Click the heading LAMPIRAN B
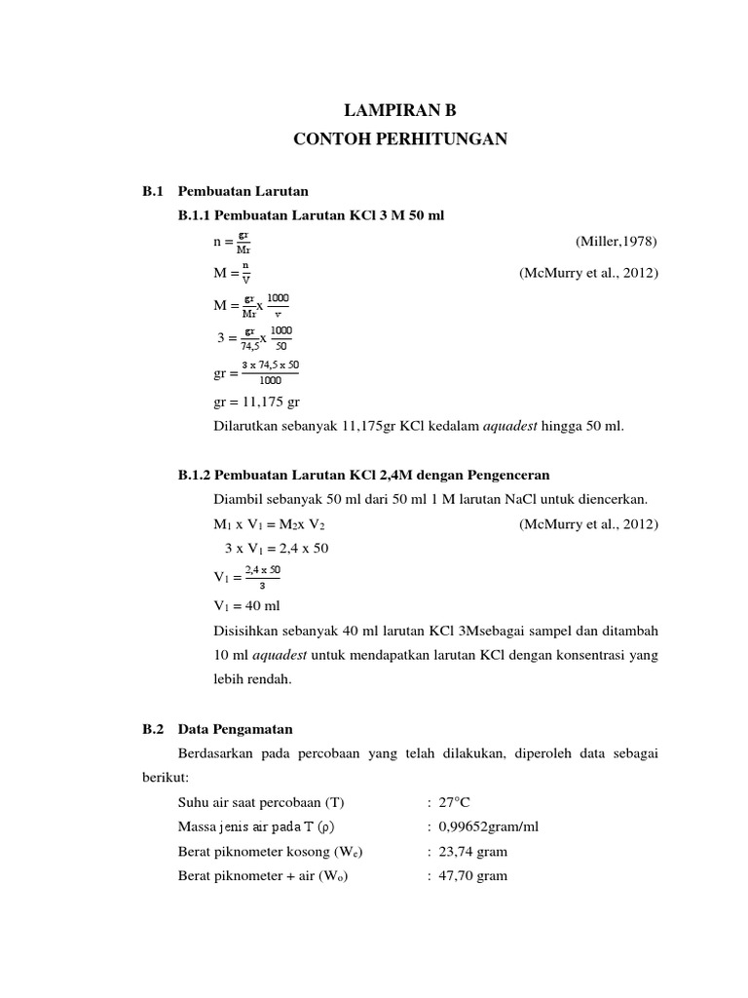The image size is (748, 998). pyautogui.click(x=400, y=113)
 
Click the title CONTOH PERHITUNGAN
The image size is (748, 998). pyautogui.click(x=400, y=140)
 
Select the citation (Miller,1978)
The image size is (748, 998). pyautogui.click(x=617, y=241)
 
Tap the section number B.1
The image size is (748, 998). pyautogui.click(x=154, y=190)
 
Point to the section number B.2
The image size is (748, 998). pyautogui.click(x=154, y=728)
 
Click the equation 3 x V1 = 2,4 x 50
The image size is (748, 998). pyautogui.click(x=277, y=548)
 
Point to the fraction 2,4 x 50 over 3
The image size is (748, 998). pyautogui.click(x=262, y=577)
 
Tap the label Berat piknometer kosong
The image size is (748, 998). pyautogui.click(x=257, y=851)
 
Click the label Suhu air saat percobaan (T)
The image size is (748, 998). pyautogui.click(x=261, y=802)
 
